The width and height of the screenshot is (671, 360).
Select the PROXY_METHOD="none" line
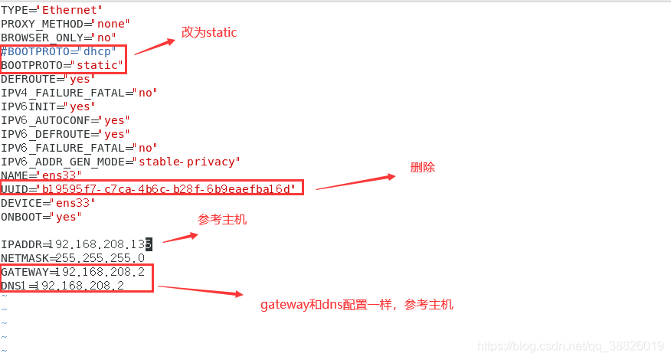(x=64, y=24)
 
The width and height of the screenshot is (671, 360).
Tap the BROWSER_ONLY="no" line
(x=58, y=38)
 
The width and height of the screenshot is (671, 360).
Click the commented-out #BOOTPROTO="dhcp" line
(x=58, y=51)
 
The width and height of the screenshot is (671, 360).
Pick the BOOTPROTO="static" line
(x=61, y=65)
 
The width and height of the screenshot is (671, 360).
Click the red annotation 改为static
(x=209, y=32)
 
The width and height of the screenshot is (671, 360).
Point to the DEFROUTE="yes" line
(x=47, y=79)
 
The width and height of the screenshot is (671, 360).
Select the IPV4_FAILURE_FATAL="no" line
(x=79, y=93)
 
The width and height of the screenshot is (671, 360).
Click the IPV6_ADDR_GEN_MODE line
(x=120, y=162)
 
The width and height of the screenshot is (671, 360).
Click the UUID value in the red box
(x=166, y=188)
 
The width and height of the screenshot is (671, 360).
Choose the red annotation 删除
(x=422, y=167)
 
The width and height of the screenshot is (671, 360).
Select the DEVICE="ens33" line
(x=47, y=203)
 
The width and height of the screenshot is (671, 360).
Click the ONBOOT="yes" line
(x=41, y=217)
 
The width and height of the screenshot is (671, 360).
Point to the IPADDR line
(x=77, y=244)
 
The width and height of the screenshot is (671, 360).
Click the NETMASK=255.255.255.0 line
(x=73, y=258)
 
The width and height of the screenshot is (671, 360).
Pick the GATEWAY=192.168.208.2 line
(x=73, y=272)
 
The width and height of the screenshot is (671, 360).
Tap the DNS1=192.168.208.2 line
(x=63, y=286)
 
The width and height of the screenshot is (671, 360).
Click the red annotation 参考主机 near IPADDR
(x=222, y=220)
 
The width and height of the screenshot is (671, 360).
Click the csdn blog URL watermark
(x=570, y=347)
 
